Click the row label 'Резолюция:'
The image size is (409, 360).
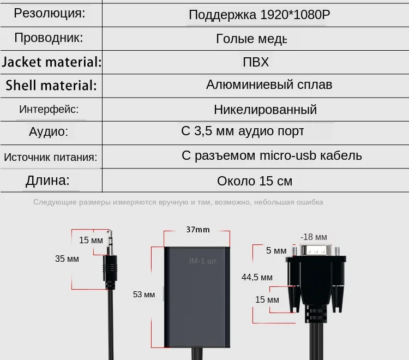(50, 14)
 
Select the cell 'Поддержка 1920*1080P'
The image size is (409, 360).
(259, 15)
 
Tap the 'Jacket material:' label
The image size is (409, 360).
(52, 62)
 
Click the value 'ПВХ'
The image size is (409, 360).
(256, 62)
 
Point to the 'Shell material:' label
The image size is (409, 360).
(51, 86)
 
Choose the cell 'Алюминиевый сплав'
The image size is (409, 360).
(269, 85)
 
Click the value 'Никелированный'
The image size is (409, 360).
(265, 110)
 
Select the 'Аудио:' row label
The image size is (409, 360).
(49, 131)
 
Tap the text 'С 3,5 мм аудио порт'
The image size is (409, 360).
(242, 131)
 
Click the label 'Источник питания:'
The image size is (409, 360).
(50, 158)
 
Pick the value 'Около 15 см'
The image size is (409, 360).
(255, 181)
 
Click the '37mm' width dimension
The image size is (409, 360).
(197, 230)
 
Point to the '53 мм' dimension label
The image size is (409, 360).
(145, 295)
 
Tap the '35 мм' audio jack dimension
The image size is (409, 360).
(67, 259)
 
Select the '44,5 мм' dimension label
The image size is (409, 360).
(257, 277)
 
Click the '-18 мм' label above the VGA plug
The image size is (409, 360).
(314, 237)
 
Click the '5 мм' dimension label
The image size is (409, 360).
(276, 250)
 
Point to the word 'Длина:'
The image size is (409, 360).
(47, 181)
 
